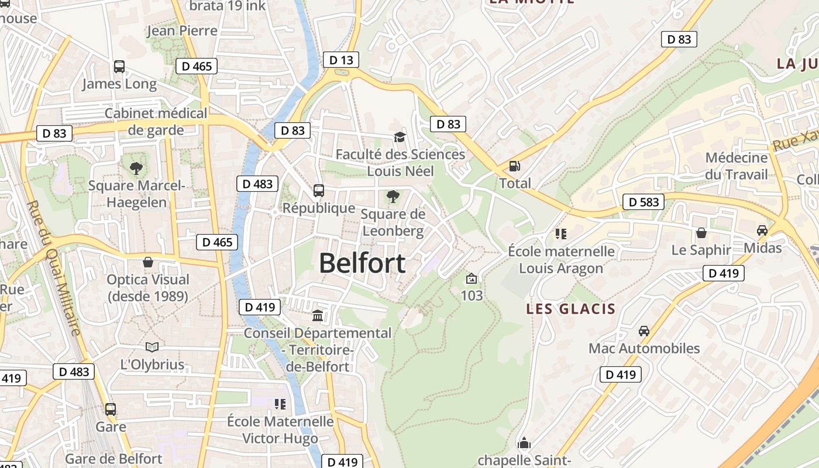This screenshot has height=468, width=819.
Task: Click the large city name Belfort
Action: (362, 263)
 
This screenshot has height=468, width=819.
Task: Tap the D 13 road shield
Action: (340, 60)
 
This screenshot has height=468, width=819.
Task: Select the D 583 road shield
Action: (643, 202)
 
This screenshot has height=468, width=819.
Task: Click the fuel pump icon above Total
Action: (515, 166)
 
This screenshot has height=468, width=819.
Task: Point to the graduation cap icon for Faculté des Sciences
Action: (400, 137)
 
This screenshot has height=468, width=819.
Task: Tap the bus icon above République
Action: (319, 191)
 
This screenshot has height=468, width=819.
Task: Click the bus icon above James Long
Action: (119, 67)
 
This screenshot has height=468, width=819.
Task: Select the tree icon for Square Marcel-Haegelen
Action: (136, 168)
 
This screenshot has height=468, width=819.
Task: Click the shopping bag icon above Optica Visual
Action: (147, 262)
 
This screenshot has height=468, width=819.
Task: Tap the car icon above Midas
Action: (762, 230)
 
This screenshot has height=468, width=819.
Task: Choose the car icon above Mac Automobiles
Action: (643, 331)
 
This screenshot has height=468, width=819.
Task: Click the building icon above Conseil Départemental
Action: (318, 316)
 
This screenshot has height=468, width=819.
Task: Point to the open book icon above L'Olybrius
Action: (152, 347)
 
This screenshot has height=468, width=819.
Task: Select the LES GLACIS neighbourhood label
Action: (570, 309)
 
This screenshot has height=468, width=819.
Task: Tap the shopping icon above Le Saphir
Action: (701, 233)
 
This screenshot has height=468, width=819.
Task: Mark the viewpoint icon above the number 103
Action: (472, 278)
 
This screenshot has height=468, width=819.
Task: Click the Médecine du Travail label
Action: (736, 166)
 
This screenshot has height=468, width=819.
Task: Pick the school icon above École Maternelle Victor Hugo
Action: (280, 404)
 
